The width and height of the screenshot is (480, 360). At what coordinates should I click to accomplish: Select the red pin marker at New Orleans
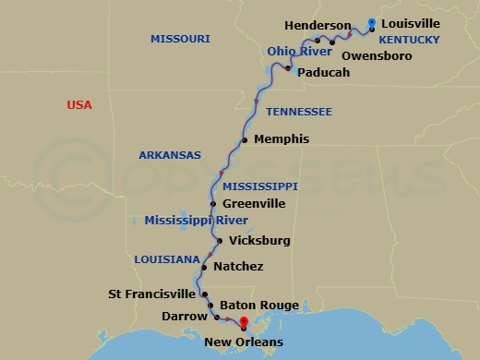244,324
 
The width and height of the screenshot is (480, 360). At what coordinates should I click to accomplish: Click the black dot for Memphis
245,140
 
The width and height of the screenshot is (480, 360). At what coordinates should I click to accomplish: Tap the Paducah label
324,72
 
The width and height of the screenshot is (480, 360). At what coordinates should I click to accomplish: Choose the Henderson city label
318,25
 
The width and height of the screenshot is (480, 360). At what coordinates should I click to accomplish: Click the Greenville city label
254,204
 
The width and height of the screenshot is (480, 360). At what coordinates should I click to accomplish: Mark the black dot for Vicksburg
219,241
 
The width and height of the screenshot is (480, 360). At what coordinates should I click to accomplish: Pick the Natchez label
238,267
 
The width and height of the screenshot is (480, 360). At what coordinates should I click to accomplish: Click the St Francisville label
152,294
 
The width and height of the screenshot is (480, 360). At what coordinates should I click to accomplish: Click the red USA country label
79,105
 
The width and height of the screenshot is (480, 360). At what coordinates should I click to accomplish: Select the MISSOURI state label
180,39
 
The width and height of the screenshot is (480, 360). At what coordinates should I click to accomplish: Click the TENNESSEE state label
298,112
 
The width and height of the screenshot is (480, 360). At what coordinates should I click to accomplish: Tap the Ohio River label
299,51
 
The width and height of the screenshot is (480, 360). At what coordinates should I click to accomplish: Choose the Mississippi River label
196,221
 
